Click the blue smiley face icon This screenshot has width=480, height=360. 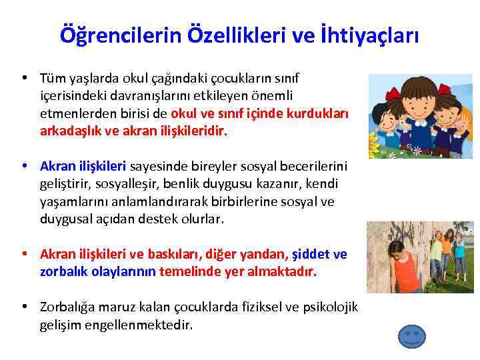click(411, 335)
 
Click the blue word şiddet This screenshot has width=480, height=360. click(311, 255)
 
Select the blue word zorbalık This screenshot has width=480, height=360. click(63, 271)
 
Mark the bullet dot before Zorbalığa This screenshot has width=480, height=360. click(24, 307)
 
